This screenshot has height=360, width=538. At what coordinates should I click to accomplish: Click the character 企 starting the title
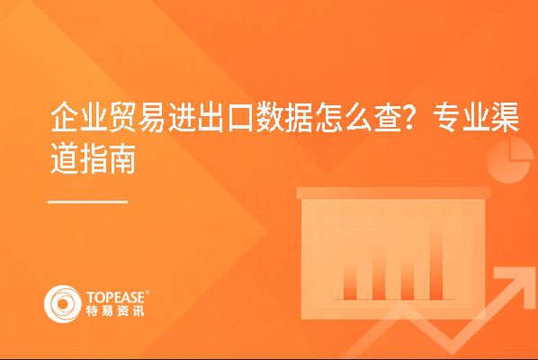point(64,117)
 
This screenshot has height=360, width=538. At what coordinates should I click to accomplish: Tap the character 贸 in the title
point(123,117)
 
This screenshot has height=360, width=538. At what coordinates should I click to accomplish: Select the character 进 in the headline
point(182,117)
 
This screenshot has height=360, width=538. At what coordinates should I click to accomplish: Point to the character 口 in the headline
point(240,117)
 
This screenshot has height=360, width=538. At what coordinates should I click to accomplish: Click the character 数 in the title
point(270,117)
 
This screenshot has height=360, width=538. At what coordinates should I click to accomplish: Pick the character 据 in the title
point(300,117)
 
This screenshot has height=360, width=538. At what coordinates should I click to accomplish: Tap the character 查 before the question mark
point(388,117)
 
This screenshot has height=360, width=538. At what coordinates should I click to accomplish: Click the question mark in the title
point(411,117)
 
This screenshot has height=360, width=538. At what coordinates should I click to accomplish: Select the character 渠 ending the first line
point(505,117)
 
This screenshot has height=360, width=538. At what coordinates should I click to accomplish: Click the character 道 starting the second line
point(64,158)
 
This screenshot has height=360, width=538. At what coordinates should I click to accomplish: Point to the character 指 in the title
point(94,158)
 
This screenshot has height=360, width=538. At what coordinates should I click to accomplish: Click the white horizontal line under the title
point(88,202)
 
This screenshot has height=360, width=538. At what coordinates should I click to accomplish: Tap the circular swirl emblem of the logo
point(62,304)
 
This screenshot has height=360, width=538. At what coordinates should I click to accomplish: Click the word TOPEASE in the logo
point(116,298)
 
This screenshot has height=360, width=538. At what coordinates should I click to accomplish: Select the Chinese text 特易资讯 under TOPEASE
point(115,310)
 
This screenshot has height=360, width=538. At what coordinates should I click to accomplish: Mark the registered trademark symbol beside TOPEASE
point(148,292)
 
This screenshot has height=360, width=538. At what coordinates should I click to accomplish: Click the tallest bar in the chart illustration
point(436,262)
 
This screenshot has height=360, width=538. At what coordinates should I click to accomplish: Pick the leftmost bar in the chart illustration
point(350,282)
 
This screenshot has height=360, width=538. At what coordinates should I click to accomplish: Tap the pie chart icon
point(509,160)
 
